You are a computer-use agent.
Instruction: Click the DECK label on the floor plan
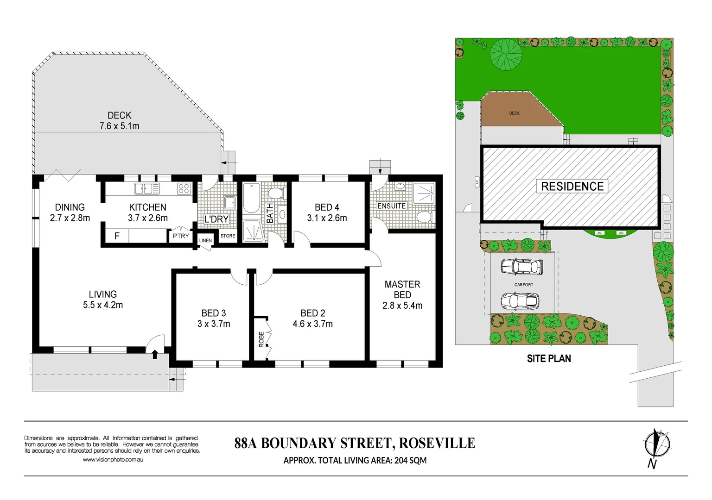[119, 115]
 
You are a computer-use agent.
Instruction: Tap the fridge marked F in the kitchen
[117, 236]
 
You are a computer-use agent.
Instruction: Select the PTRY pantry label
[181, 236]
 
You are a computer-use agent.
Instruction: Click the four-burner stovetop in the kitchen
[184, 188]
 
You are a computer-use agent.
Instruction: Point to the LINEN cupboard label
[205, 240]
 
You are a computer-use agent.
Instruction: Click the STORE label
[228, 236]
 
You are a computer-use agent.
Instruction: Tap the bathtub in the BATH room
[251, 198]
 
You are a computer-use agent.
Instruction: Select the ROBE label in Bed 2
[261, 339]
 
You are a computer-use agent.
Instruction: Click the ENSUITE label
[391, 206]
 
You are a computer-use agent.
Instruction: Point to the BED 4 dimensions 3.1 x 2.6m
[327, 218]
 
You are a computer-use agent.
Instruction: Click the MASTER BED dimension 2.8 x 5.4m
[402, 306]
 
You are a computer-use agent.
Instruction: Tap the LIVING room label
[103, 294]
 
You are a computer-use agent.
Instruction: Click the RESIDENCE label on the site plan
[572, 187]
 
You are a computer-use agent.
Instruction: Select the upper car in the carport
[521, 267]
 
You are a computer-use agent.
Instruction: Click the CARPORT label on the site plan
[523, 285]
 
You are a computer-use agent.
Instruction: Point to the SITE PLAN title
[549, 359]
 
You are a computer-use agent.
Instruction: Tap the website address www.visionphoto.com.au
[113, 460]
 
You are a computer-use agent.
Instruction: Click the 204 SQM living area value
[410, 461]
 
